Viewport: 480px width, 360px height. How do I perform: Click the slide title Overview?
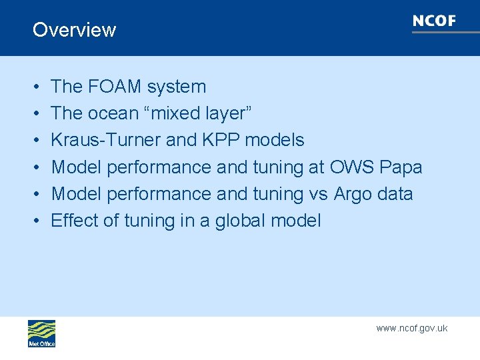(74, 30)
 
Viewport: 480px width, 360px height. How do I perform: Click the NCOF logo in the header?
(435, 21)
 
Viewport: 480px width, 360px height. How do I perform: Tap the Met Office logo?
(41, 333)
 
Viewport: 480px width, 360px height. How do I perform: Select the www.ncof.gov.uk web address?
(411, 328)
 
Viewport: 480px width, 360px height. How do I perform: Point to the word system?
(177, 87)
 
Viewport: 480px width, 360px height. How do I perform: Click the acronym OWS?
(352, 167)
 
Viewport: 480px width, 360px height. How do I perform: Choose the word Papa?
(401, 167)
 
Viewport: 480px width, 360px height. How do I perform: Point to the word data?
(397, 194)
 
